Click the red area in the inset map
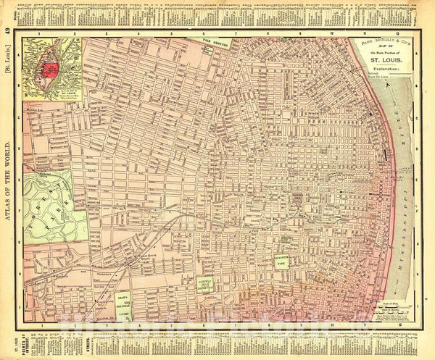point(51,69)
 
